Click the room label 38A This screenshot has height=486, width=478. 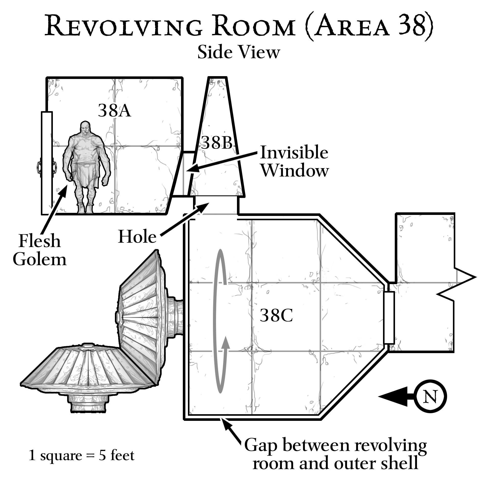click(114, 111)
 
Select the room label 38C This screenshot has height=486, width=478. click(276, 315)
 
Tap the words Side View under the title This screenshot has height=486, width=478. click(239, 52)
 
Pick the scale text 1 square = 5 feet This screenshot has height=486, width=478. click(81, 456)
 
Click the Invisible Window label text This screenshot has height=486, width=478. click(294, 161)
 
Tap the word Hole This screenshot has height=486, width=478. click(137, 237)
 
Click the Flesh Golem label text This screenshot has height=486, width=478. click(40, 250)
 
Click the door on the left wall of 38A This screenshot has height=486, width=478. click(47, 163)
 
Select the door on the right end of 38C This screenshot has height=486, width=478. click(389, 317)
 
